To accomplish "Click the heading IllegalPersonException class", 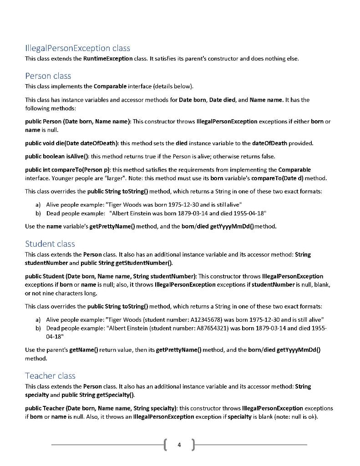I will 77,48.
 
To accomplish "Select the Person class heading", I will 48,76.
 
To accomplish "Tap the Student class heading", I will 50,244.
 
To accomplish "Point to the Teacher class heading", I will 50,376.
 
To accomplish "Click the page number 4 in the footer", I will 179,445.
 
